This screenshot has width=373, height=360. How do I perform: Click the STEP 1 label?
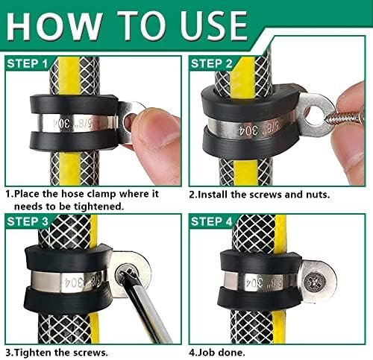click(x=27, y=63)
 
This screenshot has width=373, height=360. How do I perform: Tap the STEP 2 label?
click(x=211, y=63)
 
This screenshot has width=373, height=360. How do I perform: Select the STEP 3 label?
click(x=28, y=221)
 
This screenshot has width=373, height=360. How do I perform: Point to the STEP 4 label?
click(x=211, y=221)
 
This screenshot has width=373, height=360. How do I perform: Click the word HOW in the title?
click(x=54, y=26)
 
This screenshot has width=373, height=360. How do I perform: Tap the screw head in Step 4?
click(x=314, y=282)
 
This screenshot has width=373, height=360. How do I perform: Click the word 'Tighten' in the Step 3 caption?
click(x=33, y=353)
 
